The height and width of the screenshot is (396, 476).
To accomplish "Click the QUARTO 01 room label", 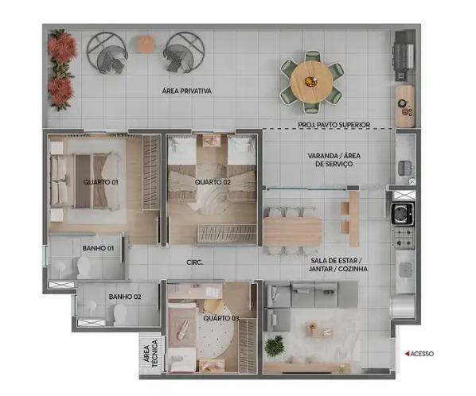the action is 101,182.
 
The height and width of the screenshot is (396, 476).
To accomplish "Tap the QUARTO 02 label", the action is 213,182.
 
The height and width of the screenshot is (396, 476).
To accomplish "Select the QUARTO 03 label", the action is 221,318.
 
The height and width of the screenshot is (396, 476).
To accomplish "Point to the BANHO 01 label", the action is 98,248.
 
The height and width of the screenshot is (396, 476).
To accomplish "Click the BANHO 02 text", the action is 125,297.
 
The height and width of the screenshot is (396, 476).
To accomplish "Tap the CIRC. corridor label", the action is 194,262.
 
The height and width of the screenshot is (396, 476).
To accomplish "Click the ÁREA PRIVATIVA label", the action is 187,91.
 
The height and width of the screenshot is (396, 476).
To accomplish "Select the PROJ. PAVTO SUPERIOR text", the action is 334,125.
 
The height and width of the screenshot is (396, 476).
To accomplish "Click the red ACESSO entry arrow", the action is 407,354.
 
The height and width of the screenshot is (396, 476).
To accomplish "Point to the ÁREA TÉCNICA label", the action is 151,353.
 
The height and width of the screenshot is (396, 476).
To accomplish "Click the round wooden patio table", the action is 311,82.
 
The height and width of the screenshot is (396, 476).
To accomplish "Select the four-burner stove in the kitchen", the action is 403,238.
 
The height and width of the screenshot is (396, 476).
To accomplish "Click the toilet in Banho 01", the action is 84,267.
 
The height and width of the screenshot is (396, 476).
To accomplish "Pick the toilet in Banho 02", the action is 119,315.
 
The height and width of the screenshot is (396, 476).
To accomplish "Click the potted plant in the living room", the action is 275,346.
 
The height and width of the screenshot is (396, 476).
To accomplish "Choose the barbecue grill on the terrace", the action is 404,56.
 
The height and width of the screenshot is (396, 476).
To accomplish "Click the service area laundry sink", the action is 406,168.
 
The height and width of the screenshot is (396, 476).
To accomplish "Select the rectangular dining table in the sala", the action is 293,231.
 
